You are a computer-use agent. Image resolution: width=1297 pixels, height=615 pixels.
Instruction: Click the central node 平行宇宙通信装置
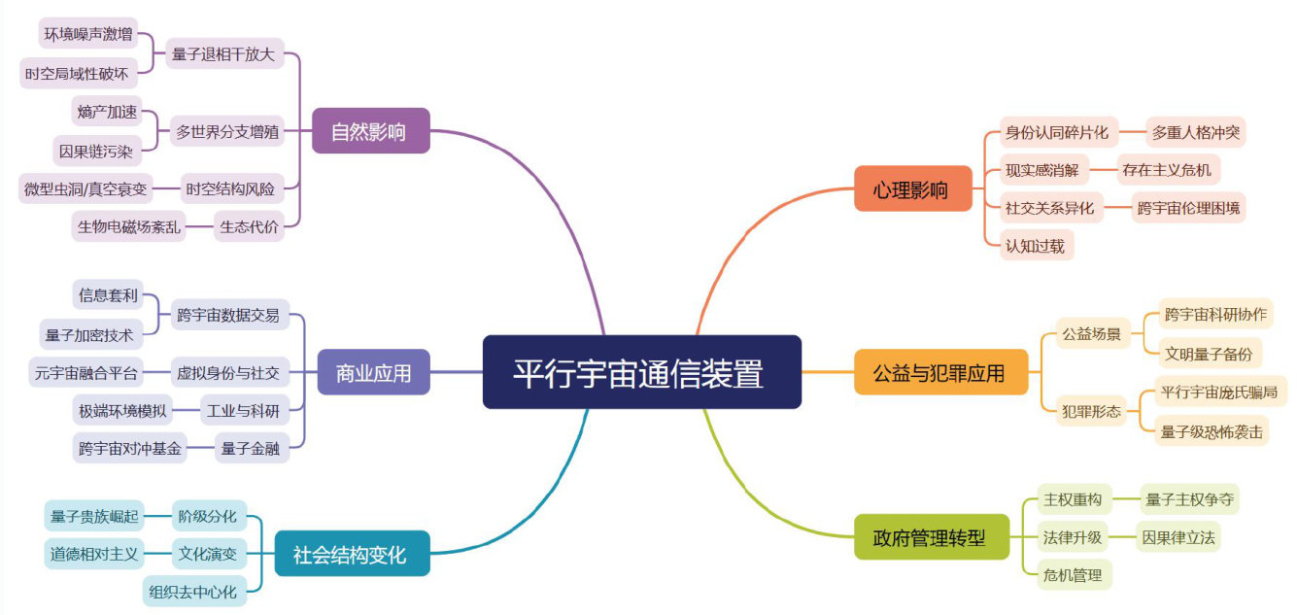[641, 372]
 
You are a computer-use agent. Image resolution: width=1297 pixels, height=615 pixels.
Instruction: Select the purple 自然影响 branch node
[370, 131]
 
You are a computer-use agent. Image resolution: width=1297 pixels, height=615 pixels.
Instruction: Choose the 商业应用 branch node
[373, 372]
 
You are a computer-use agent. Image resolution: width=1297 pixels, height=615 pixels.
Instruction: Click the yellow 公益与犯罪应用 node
[939, 372]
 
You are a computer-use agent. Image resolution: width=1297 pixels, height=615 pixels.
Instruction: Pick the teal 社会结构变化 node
[351, 554]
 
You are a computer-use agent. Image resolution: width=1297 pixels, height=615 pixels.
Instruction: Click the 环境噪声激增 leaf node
[87, 35]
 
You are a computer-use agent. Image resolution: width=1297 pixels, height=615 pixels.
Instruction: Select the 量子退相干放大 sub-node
[223, 53]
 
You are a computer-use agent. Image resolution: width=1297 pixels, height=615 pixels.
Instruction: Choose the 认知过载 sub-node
[1036, 246]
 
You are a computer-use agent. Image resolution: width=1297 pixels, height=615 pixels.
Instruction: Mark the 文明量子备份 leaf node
[1209, 351]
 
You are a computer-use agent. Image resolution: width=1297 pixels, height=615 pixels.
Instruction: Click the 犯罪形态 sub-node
[1091, 412]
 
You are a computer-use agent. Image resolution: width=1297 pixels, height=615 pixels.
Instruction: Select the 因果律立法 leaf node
[1178, 536]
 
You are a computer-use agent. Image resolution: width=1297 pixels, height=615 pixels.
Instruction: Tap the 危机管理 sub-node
[1073, 575]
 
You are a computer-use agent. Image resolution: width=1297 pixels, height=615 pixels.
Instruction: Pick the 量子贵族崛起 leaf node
[94, 516]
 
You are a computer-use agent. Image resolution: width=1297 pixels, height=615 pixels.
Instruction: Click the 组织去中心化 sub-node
[192, 591]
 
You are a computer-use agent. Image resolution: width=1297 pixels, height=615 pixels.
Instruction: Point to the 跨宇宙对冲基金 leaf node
[130, 448]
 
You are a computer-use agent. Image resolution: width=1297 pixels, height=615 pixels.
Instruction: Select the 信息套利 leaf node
[108, 294]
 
